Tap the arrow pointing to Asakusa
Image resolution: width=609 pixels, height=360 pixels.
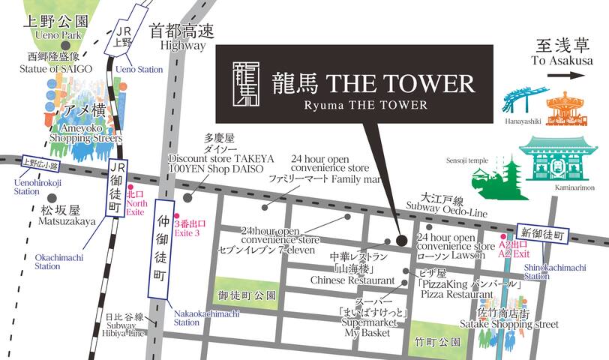click(x=572, y=75)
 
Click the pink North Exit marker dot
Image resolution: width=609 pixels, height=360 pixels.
click(x=130, y=187)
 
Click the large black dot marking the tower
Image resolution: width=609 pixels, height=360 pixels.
click(x=402, y=241)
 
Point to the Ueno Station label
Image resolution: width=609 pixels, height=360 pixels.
click(x=139, y=69)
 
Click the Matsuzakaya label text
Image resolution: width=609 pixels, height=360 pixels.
click(x=68, y=222)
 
